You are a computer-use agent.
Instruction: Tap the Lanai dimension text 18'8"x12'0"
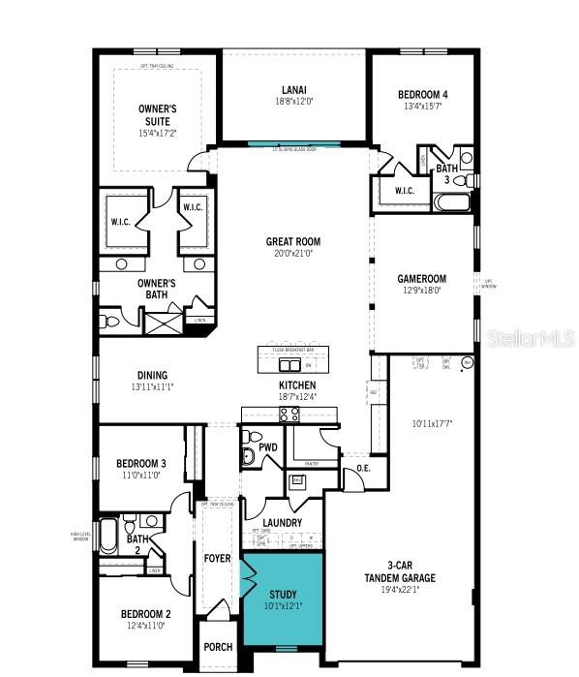click(x=293, y=100)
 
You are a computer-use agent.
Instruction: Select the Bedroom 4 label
click(x=423, y=94)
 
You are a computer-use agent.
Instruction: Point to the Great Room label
click(x=293, y=242)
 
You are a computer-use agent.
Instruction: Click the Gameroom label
click(x=419, y=277)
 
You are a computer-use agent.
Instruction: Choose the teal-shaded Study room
click(x=282, y=600)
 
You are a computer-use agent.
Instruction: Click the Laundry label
click(x=281, y=523)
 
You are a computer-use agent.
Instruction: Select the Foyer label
click(x=217, y=559)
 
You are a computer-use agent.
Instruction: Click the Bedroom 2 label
click(x=145, y=614)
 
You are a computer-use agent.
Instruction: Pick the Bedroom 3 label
click(x=141, y=463)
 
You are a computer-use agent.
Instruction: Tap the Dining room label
click(x=152, y=375)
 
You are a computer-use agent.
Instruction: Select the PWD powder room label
click(x=267, y=447)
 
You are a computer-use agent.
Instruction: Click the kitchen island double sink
click(x=289, y=364)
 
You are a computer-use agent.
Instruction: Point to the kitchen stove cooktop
click(x=289, y=414)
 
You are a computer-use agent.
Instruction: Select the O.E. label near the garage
click(x=364, y=469)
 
